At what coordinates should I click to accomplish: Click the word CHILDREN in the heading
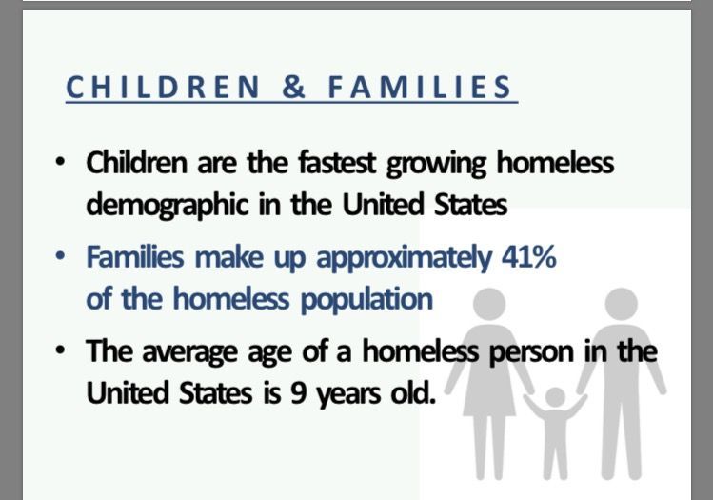(x=163, y=87)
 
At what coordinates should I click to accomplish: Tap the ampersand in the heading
(x=294, y=87)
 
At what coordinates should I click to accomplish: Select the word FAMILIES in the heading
(x=420, y=87)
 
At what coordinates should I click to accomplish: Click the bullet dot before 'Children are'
(x=59, y=162)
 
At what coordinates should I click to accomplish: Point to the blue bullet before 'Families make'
(x=59, y=256)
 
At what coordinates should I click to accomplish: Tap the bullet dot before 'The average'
(x=59, y=350)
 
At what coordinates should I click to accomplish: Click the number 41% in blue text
(x=529, y=256)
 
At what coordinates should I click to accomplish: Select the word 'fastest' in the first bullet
(x=337, y=163)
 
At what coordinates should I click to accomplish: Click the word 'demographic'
(x=168, y=206)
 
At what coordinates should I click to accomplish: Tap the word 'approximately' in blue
(x=404, y=258)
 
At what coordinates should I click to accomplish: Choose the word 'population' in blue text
(x=366, y=301)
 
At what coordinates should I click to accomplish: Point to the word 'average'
(x=190, y=353)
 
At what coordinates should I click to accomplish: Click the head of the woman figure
(x=489, y=304)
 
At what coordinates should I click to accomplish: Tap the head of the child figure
(x=555, y=397)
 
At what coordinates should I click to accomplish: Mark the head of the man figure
(x=622, y=304)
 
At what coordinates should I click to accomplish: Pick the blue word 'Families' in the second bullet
(x=135, y=256)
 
